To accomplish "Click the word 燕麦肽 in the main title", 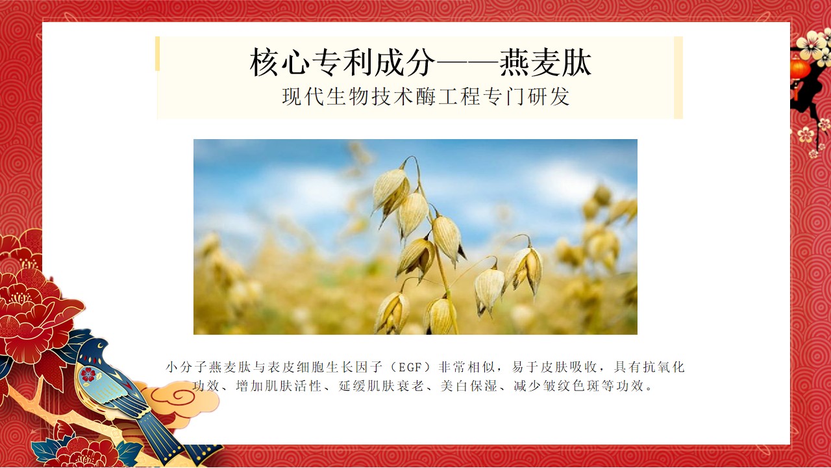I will click(x=545, y=63).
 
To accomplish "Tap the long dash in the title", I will click(x=467, y=64).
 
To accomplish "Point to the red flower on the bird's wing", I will click(x=88, y=374).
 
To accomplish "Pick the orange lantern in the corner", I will click(x=800, y=68).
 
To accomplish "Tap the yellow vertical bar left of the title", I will click(x=158, y=53).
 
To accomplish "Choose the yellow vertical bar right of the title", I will click(x=678, y=77).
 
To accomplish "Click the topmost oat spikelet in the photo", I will click(x=391, y=188).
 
